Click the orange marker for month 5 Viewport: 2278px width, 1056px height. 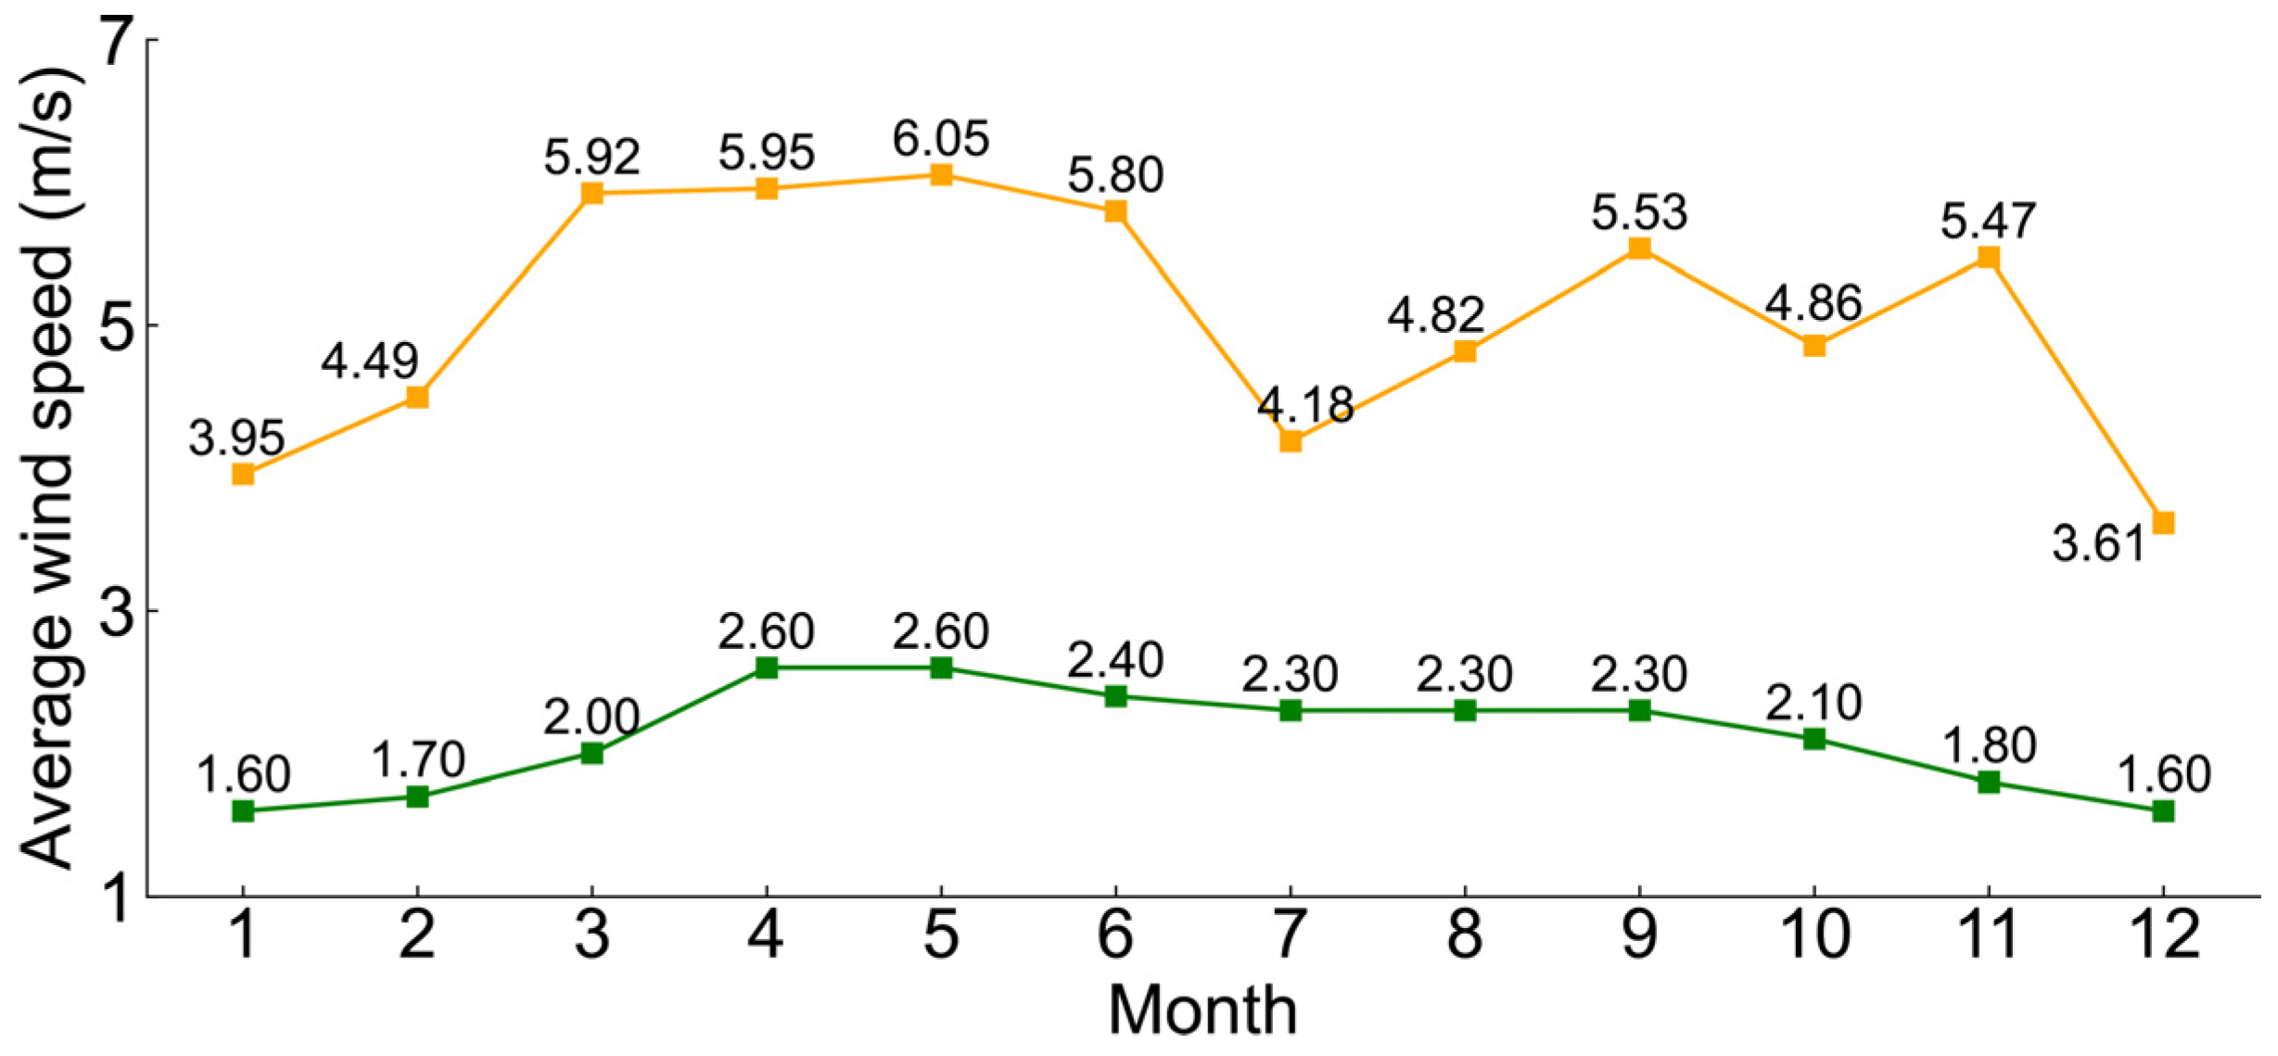941,174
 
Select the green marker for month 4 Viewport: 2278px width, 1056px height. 767,668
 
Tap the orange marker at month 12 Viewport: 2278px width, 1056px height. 2163,523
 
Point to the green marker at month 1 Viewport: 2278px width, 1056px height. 243,811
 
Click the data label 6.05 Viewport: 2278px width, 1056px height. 941,139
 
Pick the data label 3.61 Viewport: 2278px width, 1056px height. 2099,544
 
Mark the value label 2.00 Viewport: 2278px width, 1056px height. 592,718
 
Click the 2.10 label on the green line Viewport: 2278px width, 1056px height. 1813,703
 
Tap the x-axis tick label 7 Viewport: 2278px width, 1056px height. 1290,935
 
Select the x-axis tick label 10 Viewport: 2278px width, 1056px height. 1813,935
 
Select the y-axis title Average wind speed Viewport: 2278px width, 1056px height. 46,468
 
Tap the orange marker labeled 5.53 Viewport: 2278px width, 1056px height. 1639,248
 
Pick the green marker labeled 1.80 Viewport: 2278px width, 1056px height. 1989,782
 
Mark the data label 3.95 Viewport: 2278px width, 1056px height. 236,439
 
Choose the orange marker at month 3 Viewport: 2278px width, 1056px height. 592,193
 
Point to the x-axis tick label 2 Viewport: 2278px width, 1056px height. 417,935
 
